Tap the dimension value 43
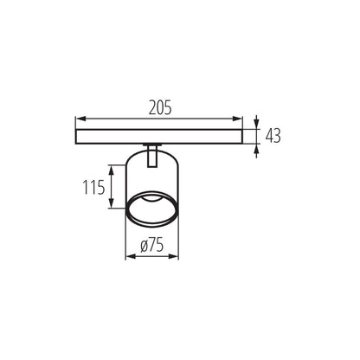click(274, 136)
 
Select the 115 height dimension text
click(95, 187)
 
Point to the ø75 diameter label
click(152, 246)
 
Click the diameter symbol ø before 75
click(144, 246)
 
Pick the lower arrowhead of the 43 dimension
click(258, 148)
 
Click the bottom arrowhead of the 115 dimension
click(111, 205)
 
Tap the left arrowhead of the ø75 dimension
click(129, 257)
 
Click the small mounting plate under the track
click(152, 145)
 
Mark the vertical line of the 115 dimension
click(111, 187)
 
